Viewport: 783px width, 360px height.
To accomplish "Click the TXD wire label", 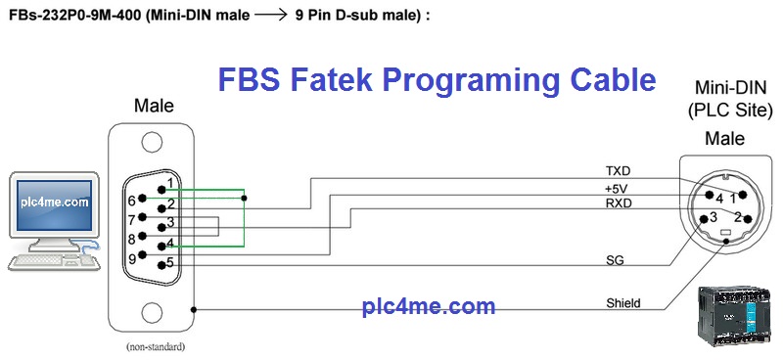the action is (618, 171).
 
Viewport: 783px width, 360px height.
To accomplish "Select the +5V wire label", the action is (617, 188).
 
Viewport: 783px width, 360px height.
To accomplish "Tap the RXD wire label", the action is (619, 203).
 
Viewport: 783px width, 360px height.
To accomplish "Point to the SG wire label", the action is (615, 260).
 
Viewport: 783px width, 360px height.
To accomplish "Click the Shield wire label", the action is (623, 302).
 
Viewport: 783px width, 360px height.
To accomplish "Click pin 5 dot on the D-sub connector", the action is (161, 265).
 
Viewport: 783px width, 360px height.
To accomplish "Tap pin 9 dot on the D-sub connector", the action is (143, 254).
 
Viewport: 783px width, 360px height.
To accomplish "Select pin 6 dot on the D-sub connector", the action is (143, 199).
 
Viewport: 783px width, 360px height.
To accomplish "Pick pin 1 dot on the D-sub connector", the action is (161, 189).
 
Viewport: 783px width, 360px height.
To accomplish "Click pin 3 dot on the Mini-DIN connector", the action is (704, 219).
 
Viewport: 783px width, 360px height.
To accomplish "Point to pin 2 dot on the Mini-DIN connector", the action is (748, 219).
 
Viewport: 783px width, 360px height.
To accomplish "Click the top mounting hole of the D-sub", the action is (152, 142).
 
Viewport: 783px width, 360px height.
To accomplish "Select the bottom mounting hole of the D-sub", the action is (152, 312).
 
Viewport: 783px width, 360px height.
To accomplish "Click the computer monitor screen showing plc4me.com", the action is (55, 202).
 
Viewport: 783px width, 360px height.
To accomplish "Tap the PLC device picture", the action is (733, 317).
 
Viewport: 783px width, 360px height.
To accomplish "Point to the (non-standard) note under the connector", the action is (156, 346).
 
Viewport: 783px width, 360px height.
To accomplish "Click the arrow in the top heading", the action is (271, 16).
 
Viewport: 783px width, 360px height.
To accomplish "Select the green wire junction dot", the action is (244, 199).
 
